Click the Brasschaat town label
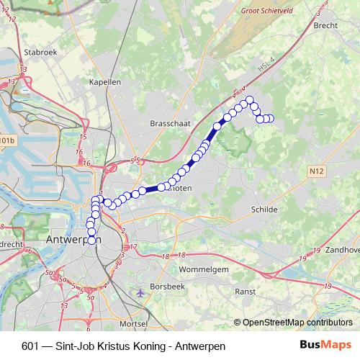pos(170,124)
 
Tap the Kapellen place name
pos(104,82)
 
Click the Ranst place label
pos(247,292)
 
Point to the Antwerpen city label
pos(73,239)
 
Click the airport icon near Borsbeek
pos(141,293)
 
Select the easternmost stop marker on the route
pos(271,119)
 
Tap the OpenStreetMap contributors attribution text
pos(297,323)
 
